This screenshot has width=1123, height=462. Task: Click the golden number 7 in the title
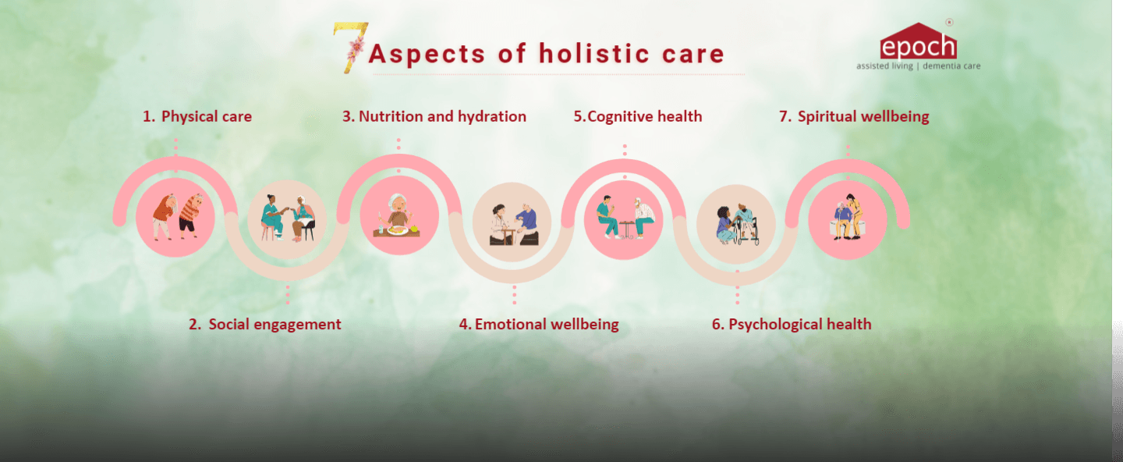click(x=351, y=48)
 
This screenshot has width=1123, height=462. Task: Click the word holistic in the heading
click(x=594, y=53)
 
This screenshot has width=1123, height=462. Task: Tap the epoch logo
click(x=919, y=41)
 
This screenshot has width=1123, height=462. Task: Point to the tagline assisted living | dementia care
click(x=919, y=66)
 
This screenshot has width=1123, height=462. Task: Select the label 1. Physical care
click(x=197, y=116)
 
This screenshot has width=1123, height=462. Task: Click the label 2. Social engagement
click(x=264, y=324)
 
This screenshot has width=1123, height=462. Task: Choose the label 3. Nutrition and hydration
click(x=434, y=116)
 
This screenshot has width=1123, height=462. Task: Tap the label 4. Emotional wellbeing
click(x=539, y=324)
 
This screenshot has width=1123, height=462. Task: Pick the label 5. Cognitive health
click(x=638, y=116)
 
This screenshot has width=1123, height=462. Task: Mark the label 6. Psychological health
click(x=792, y=324)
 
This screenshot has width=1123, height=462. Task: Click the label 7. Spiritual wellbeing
click(x=854, y=116)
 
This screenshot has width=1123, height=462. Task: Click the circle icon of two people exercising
click(x=175, y=218)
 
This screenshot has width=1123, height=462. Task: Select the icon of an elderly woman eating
click(x=399, y=215)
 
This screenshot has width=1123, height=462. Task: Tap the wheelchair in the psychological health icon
click(x=747, y=232)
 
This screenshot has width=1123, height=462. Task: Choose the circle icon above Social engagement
click(x=287, y=220)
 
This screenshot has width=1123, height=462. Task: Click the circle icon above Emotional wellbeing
click(x=512, y=222)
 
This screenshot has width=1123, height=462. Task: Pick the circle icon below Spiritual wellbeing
click(x=847, y=220)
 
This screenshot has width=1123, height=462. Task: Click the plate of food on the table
click(x=398, y=230)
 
